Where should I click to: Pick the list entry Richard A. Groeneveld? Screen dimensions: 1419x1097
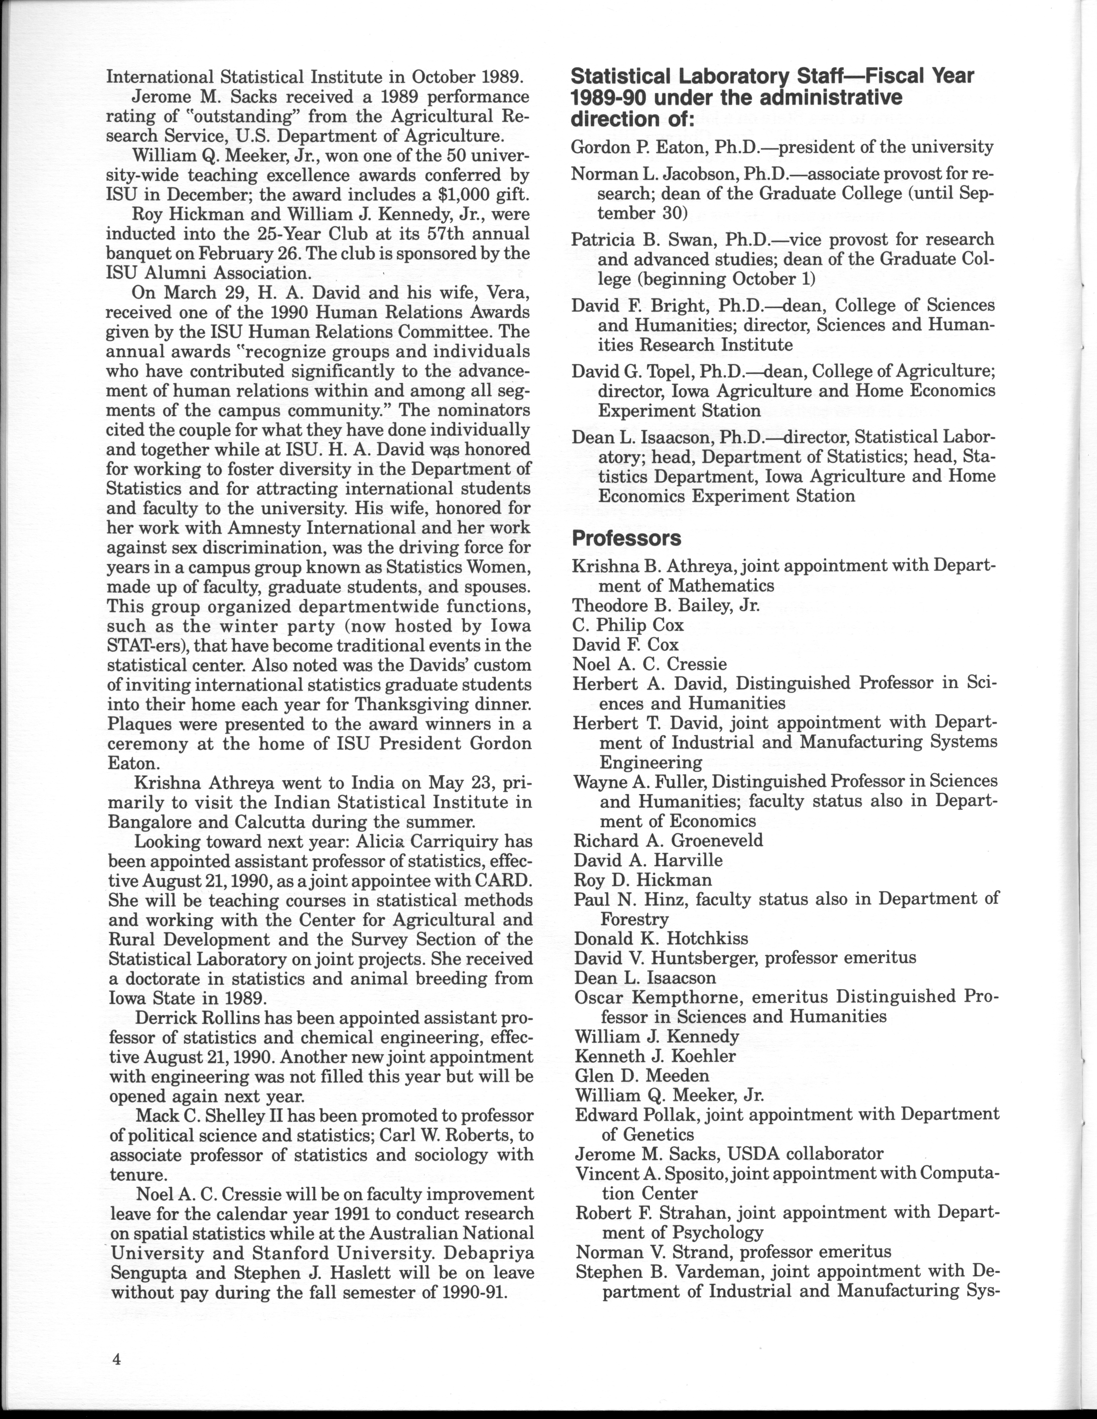668,840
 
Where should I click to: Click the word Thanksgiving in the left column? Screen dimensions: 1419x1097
411,704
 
